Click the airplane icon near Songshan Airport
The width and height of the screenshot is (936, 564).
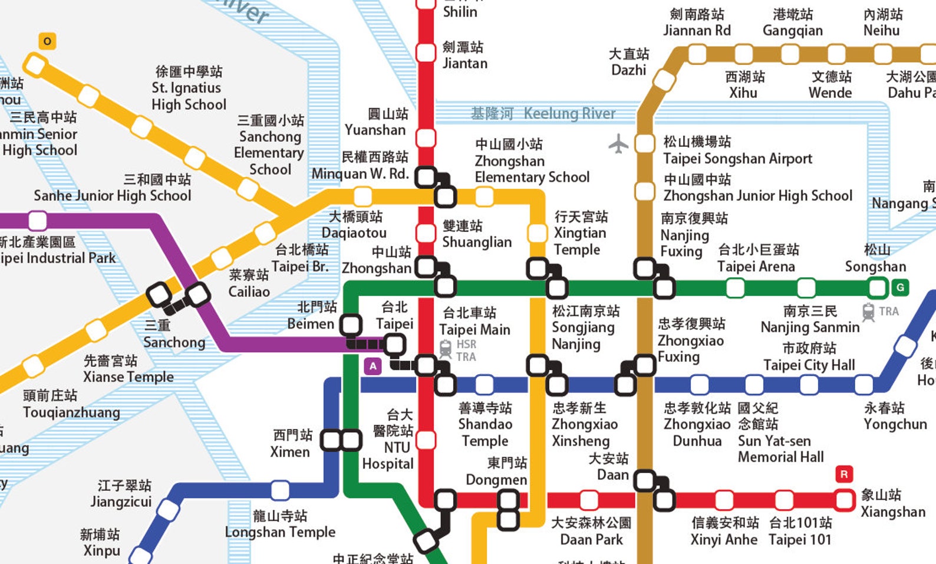coord(618,143)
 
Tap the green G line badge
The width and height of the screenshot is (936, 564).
coord(899,287)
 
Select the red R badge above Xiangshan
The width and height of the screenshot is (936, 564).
coord(844,474)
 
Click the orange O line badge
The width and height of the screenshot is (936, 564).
coord(47,41)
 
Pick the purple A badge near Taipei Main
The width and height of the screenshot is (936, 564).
coord(373,366)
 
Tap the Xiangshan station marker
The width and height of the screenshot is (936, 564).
coord(844,500)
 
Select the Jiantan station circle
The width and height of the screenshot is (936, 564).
coord(426,52)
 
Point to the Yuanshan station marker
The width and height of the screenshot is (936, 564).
coord(426,138)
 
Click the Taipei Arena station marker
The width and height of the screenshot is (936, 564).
coord(735,288)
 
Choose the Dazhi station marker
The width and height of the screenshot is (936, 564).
coord(664,80)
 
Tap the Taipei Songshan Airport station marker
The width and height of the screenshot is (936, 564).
coord(645,143)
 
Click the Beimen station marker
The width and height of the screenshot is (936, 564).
coord(351,324)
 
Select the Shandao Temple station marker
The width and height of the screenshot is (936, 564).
coord(484,385)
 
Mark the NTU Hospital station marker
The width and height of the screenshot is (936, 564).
coord(426,440)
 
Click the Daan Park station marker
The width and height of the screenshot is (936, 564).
coord(589,500)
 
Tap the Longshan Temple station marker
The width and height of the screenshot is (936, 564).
coord(280,490)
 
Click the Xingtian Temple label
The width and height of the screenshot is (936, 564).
coord(579,233)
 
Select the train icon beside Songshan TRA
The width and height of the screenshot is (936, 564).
coord(868,311)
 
